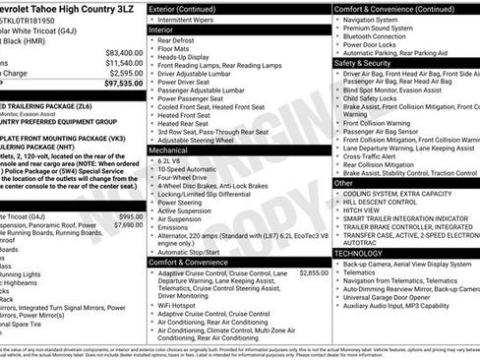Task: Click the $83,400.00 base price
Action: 123,53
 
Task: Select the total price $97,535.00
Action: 122,84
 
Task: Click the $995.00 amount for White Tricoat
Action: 130,215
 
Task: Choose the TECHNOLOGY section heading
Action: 358,253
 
